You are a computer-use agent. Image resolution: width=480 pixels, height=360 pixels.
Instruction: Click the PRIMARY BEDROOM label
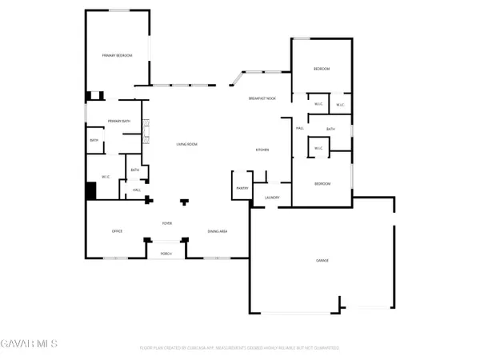pos(117,55)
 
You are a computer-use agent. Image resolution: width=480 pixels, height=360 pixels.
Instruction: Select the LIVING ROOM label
pos(187,144)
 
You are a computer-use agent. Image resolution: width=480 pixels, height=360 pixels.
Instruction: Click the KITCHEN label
pos(262,150)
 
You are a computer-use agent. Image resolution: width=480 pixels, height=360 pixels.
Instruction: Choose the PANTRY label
pos(242,188)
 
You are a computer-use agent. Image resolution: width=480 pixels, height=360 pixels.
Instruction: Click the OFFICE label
pos(117,231)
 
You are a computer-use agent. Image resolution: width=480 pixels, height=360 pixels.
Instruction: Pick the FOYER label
pos(167,223)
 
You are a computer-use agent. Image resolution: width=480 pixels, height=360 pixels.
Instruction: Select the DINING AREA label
pos(218,231)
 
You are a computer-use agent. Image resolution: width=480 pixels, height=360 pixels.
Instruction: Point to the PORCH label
pos(166,253)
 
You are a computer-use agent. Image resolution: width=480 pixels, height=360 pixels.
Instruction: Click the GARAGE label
pos(322,261)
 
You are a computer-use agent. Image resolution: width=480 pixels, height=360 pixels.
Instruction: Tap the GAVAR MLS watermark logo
pos(29,344)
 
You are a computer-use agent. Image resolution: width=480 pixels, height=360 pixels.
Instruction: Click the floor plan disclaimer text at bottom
pos(240,348)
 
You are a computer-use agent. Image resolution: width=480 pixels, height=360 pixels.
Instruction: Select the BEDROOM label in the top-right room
pos(322,70)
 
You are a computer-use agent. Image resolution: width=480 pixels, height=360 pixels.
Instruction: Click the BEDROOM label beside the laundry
pos(322,184)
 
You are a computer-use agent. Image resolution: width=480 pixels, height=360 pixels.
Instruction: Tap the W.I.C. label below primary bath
pos(105,177)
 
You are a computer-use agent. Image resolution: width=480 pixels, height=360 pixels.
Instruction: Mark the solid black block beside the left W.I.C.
pos(91,192)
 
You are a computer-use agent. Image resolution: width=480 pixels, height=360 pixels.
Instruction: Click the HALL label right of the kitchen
pos(300,128)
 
